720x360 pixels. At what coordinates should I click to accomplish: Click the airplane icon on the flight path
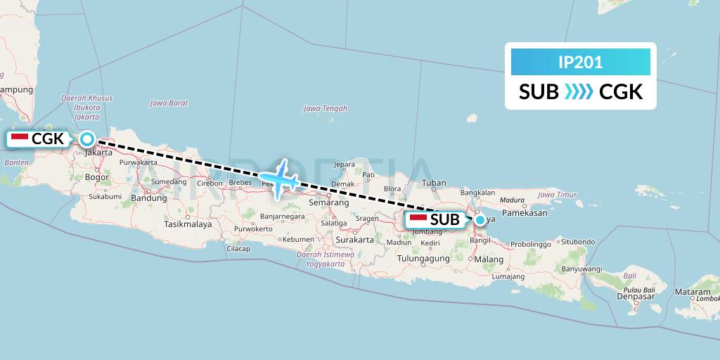pyautogui.click(x=280, y=180)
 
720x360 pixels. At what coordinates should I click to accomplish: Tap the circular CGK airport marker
pyautogui.click(x=87, y=139)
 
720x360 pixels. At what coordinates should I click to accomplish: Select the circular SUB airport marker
pyautogui.click(x=480, y=219)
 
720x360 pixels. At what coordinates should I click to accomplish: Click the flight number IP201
pyautogui.click(x=580, y=62)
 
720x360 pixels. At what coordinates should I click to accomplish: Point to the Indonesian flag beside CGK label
pyautogui.click(x=20, y=139)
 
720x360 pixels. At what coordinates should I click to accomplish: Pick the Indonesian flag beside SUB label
pyautogui.click(x=418, y=219)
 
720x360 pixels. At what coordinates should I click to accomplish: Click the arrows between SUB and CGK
pyautogui.click(x=579, y=92)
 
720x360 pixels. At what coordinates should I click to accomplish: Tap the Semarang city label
pyautogui.click(x=329, y=202)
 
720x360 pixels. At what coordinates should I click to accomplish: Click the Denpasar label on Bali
pyautogui.click(x=635, y=296)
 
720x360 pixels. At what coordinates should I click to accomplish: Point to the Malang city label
pyautogui.click(x=489, y=259)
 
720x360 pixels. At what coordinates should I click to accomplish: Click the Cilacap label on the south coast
pyautogui.click(x=238, y=249)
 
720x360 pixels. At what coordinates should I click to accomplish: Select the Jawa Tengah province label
pyautogui.click(x=325, y=108)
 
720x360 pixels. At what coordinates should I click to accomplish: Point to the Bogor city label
pyautogui.click(x=96, y=177)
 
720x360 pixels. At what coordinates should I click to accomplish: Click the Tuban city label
pyautogui.click(x=434, y=183)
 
